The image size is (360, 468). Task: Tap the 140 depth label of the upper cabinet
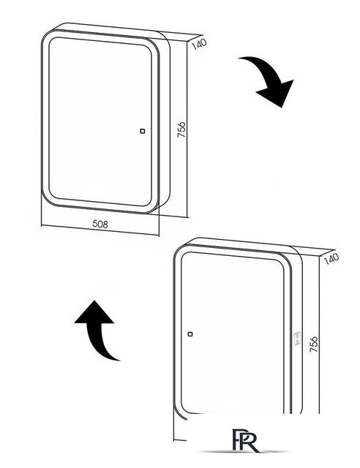(x=198, y=44)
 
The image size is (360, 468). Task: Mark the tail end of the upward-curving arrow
(x=117, y=358)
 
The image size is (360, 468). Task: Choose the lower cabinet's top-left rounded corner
(x=180, y=247)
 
